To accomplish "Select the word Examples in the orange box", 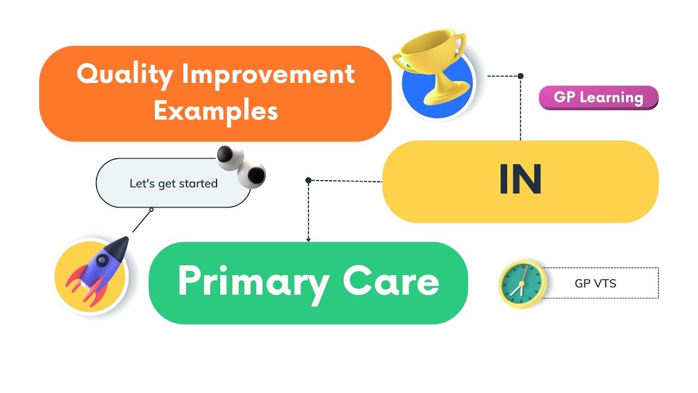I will point(215,110).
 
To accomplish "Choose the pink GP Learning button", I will point(598,98).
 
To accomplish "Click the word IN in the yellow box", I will point(520,181).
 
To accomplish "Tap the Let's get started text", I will point(173,183).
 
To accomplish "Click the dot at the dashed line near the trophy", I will point(520,76).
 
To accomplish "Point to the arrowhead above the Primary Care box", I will point(308,239).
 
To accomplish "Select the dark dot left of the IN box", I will point(308,180).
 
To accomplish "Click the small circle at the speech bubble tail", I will point(151,210).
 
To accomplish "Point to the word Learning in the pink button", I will point(611,98).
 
